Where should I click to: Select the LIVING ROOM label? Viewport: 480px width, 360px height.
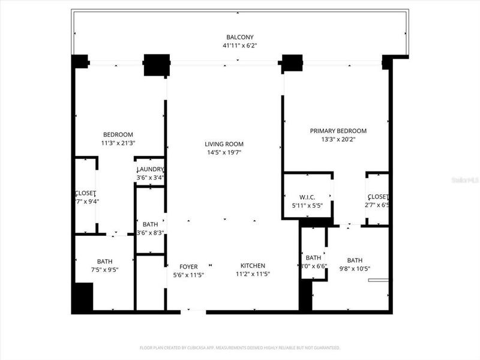(x=224, y=144)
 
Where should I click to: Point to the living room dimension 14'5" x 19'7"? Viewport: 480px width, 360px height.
(x=224, y=152)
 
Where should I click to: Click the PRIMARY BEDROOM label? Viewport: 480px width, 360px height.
(x=338, y=131)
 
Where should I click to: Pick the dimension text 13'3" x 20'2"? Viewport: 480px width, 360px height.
(x=338, y=139)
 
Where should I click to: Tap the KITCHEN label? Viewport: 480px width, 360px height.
(x=253, y=265)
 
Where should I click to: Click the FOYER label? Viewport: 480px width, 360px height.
(x=188, y=266)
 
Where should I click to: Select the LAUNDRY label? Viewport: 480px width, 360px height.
(x=150, y=170)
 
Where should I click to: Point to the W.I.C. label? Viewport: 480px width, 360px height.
(x=307, y=197)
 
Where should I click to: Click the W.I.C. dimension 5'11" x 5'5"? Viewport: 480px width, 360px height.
(x=307, y=205)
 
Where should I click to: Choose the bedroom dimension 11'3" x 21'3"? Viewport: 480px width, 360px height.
(x=118, y=143)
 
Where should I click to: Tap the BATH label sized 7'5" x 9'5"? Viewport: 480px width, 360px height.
(x=104, y=261)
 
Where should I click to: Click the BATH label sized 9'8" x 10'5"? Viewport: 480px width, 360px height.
(x=355, y=260)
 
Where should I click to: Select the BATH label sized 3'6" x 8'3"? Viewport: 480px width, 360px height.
(x=150, y=224)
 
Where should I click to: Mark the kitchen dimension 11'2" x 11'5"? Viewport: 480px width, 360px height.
(x=253, y=274)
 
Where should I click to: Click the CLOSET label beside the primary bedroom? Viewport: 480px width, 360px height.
(x=378, y=197)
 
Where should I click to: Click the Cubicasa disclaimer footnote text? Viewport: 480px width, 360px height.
(x=240, y=347)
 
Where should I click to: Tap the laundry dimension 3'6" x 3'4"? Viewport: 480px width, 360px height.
(x=150, y=178)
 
